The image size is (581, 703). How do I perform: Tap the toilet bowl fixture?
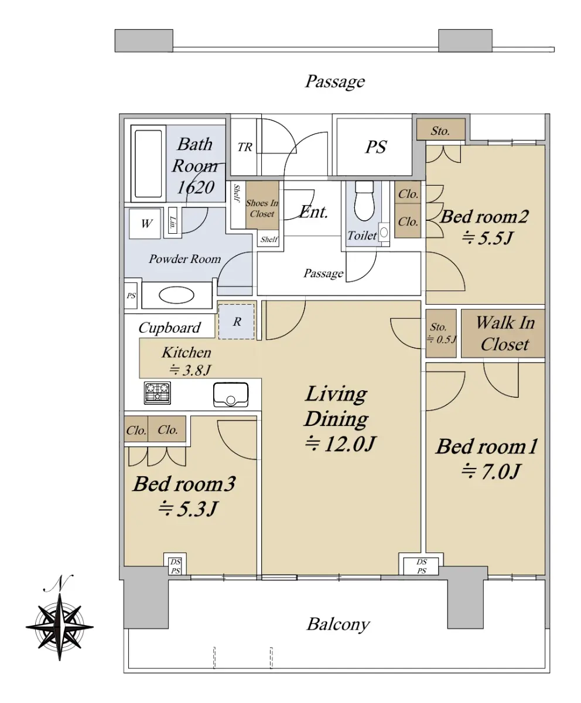click(x=364, y=201)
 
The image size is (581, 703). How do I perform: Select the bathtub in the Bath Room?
click(x=148, y=163)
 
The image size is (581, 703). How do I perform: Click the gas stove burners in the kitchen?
click(x=157, y=393)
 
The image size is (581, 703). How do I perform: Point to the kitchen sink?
click(x=231, y=395)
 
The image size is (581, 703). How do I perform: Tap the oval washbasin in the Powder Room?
click(x=176, y=295)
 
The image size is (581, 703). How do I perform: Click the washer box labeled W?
click(x=145, y=224)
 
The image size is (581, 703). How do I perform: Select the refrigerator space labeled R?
click(x=236, y=322)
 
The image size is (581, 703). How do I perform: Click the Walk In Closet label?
click(x=505, y=333)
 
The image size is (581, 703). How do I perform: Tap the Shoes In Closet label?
click(x=262, y=209)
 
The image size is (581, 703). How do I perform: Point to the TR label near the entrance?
click(x=245, y=147)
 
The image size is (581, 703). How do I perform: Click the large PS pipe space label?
click(x=376, y=147)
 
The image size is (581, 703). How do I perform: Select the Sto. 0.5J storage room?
click(x=441, y=333)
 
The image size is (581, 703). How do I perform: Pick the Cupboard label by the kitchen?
click(x=169, y=328)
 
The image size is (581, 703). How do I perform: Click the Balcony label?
click(x=338, y=624)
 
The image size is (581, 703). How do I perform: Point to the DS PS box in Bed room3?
click(x=175, y=566)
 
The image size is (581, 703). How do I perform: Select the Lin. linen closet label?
click(x=173, y=223)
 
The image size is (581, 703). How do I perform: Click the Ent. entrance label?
click(x=313, y=212)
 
